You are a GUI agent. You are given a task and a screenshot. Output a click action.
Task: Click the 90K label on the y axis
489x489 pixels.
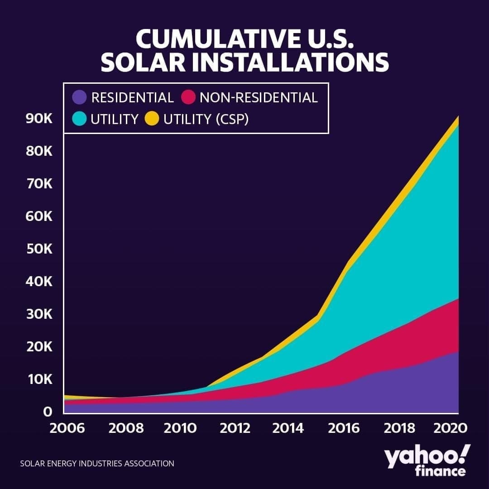click(40, 119)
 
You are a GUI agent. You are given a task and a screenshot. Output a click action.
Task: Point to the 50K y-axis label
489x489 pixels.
click(40, 249)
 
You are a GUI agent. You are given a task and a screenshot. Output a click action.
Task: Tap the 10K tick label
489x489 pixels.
click(40, 379)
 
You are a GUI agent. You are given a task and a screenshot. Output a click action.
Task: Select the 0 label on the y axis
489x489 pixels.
click(48, 412)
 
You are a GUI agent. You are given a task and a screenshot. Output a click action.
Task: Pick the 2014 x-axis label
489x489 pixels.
click(288, 428)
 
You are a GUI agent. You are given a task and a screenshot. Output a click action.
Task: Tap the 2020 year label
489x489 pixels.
click(451, 428)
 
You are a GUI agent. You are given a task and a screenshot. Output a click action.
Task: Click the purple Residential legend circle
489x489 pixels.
click(80, 97)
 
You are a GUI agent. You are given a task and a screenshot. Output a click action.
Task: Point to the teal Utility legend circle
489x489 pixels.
click(80, 119)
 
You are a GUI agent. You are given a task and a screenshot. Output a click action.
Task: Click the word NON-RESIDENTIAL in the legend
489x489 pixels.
click(259, 97)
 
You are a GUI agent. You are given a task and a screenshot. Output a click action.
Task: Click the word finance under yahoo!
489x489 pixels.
click(440, 471)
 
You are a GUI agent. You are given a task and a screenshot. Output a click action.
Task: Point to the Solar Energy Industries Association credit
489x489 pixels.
click(97, 464)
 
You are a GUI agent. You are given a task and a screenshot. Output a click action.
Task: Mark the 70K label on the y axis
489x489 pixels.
click(40, 184)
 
